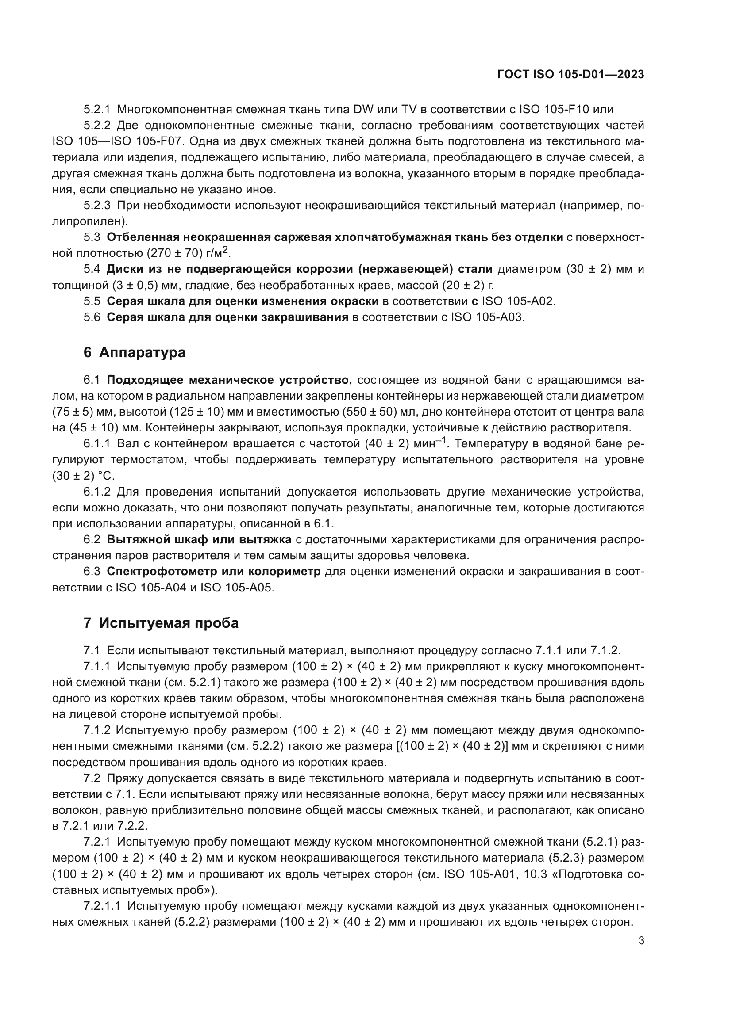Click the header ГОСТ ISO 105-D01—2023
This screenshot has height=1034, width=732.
570,75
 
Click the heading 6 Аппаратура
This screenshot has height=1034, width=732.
135,352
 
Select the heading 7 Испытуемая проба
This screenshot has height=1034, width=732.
161,623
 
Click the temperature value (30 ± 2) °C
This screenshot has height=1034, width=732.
84,476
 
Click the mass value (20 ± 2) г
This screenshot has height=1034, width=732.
468,285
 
